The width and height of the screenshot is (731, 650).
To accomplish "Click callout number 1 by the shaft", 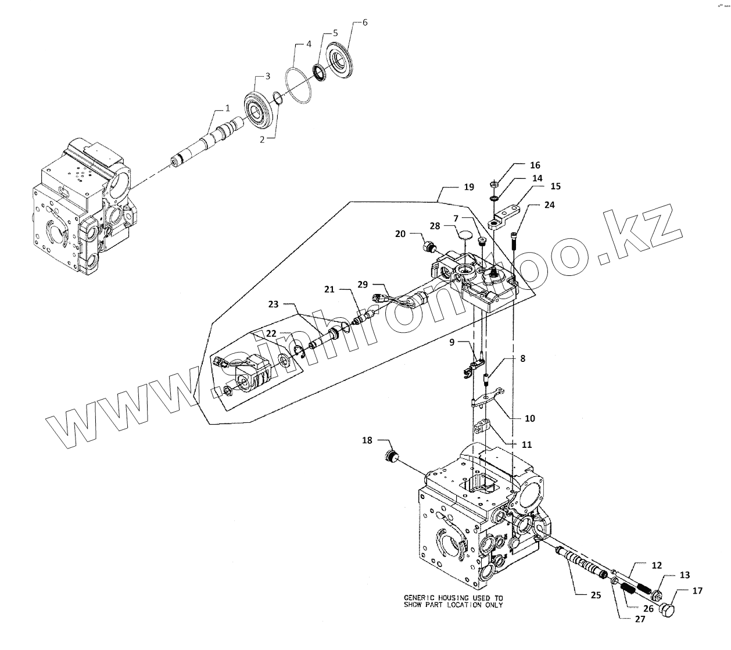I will click(228, 108).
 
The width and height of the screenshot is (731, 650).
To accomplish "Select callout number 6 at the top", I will click(364, 23).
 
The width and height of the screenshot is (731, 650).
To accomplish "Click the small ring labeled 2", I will click(278, 99).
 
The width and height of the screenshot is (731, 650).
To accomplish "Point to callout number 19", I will click(469, 187).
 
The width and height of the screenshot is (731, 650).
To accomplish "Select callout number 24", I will click(549, 205).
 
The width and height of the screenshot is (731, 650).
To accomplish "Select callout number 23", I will click(274, 304).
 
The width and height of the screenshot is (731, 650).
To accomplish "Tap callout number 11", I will click(526, 444).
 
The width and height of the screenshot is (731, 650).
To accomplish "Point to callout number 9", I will click(453, 342).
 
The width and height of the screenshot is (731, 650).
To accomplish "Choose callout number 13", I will click(685, 575).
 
